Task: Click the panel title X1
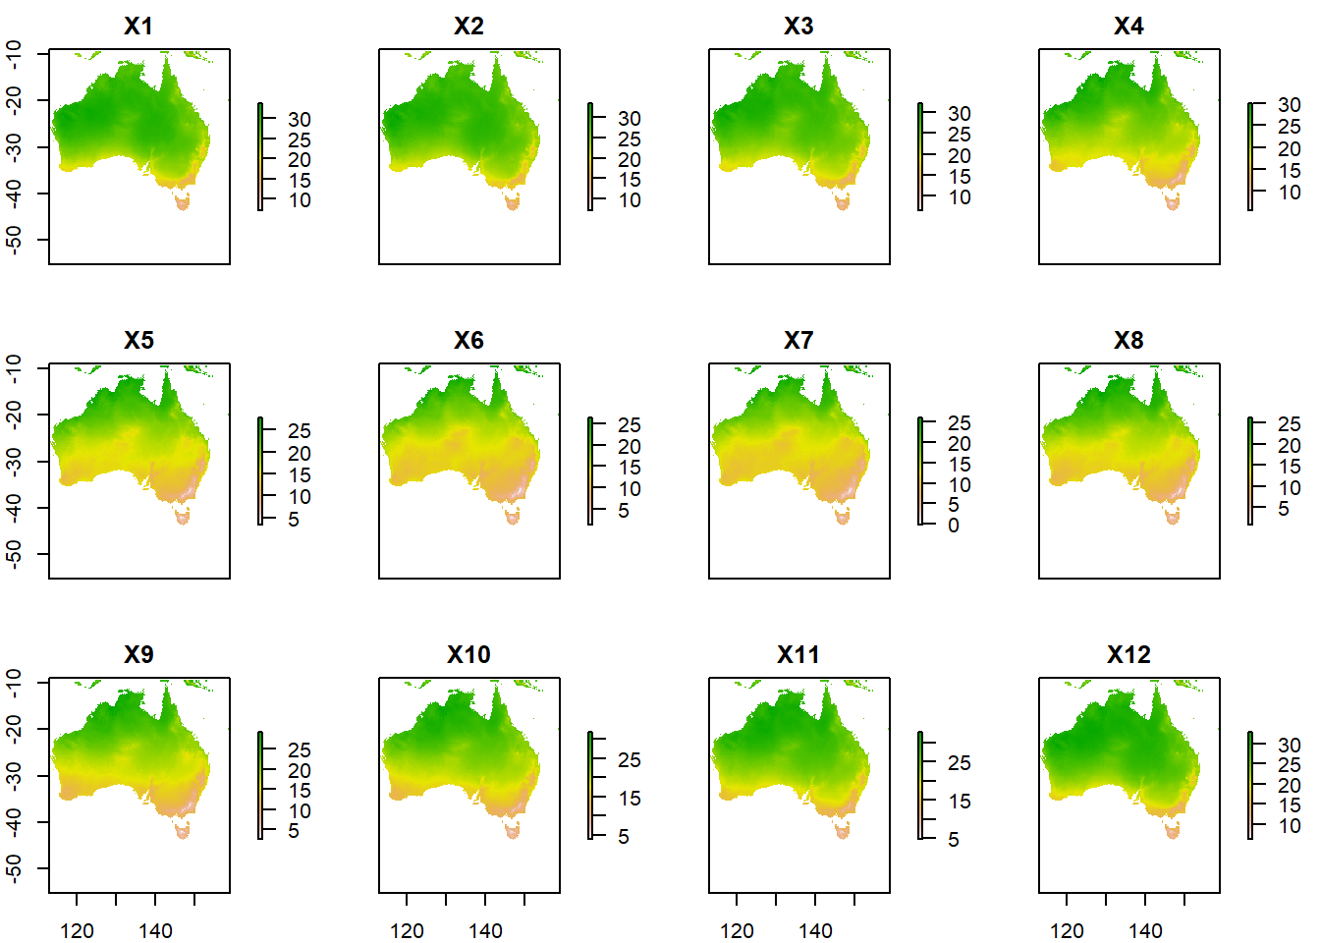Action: pyautogui.click(x=138, y=27)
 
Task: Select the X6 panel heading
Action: pyautogui.click(x=468, y=341)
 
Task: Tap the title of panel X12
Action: pyautogui.click(x=1128, y=655)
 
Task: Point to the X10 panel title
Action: pyautogui.click(x=468, y=655)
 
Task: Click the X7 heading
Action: pyautogui.click(x=798, y=341)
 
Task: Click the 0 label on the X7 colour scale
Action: pyautogui.click(x=954, y=526)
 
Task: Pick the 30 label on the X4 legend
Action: pyautogui.click(x=1289, y=105)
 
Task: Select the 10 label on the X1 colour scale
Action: pyautogui.click(x=300, y=200)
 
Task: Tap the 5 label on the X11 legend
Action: pyautogui.click(x=954, y=840)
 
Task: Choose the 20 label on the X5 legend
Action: pyautogui.click(x=300, y=454)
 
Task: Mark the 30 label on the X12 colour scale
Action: pyautogui.click(x=1289, y=746)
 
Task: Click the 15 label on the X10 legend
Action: pyautogui.click(x=630, y=799)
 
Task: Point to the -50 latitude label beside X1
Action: pyautogui.click(x=14, y=240)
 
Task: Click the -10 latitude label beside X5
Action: pyautogui.click(x=14, y=368)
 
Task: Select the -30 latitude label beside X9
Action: pyautogui.click(x=14, y=776)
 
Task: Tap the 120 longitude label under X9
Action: pyautogui.click(x=77, y=930)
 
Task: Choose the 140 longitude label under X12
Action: pyautogui.click(x=1145, y=930)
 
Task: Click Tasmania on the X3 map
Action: pyautogui.click(x=843, y=203)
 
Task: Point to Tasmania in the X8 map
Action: pyautogui.click(x=1173, y=517)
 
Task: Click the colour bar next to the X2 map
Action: pyautogui.click(x=590, y=156)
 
